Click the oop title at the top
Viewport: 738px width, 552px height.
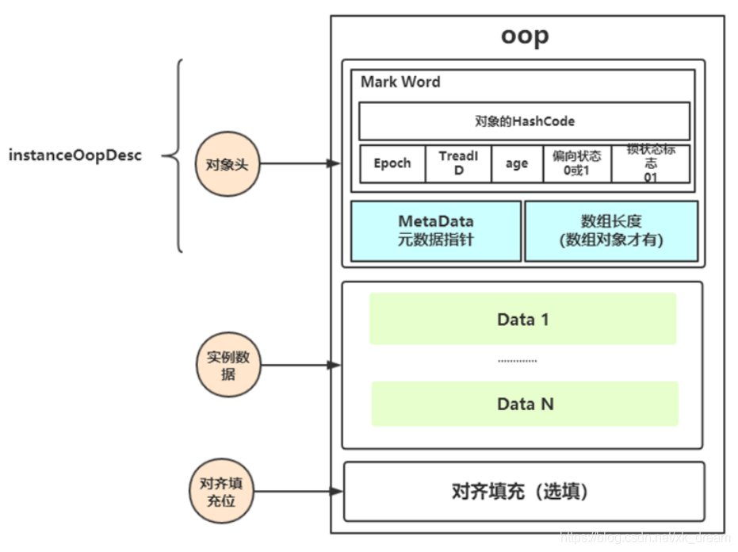(x=524, y=36)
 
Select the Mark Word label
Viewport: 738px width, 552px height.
(x=400, y=82)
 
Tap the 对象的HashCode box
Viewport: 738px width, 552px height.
(x=524, y=121)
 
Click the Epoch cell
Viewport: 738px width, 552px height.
(x=392, y=163)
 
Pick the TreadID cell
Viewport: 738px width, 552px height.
(x=458, y=163)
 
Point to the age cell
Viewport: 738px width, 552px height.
(x=516, y=163)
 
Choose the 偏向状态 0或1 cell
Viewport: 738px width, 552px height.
(x=576, y=163)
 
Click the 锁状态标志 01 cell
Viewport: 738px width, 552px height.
(x=650, y=163)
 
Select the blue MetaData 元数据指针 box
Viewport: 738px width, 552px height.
(x=436, y=230)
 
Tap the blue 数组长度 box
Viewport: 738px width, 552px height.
(x=611, y=230)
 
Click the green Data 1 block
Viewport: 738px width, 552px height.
(x=523, y=319)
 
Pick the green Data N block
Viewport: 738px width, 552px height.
(x=525, y=404)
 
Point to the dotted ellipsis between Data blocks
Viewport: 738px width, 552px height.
(x=518, y=362)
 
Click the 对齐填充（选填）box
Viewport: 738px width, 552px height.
(x=523, y=492)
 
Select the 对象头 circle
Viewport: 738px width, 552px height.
(x=228, y=164)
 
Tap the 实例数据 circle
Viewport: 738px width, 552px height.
(x=228, y=366)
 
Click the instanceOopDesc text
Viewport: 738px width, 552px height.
(x=75, y=155)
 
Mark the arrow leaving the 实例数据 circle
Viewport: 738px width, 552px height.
(x=301, y=366)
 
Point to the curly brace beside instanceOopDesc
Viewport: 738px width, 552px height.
(x=176, y=155)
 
